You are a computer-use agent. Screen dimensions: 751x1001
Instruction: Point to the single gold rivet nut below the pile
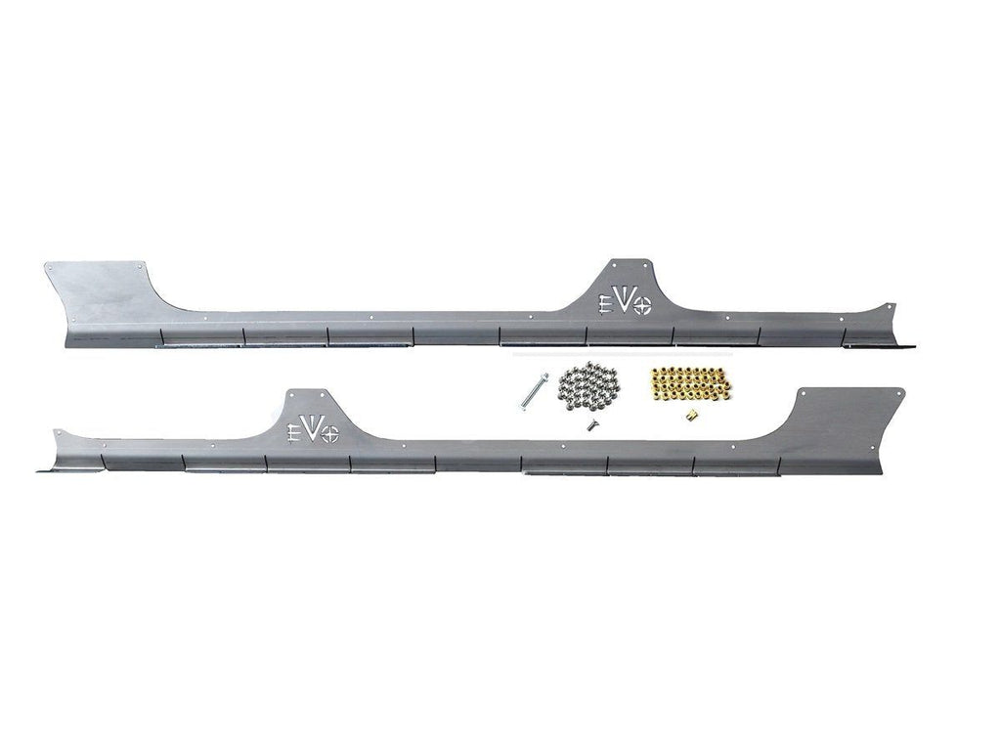pyautogui.click(x=690, y=416)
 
